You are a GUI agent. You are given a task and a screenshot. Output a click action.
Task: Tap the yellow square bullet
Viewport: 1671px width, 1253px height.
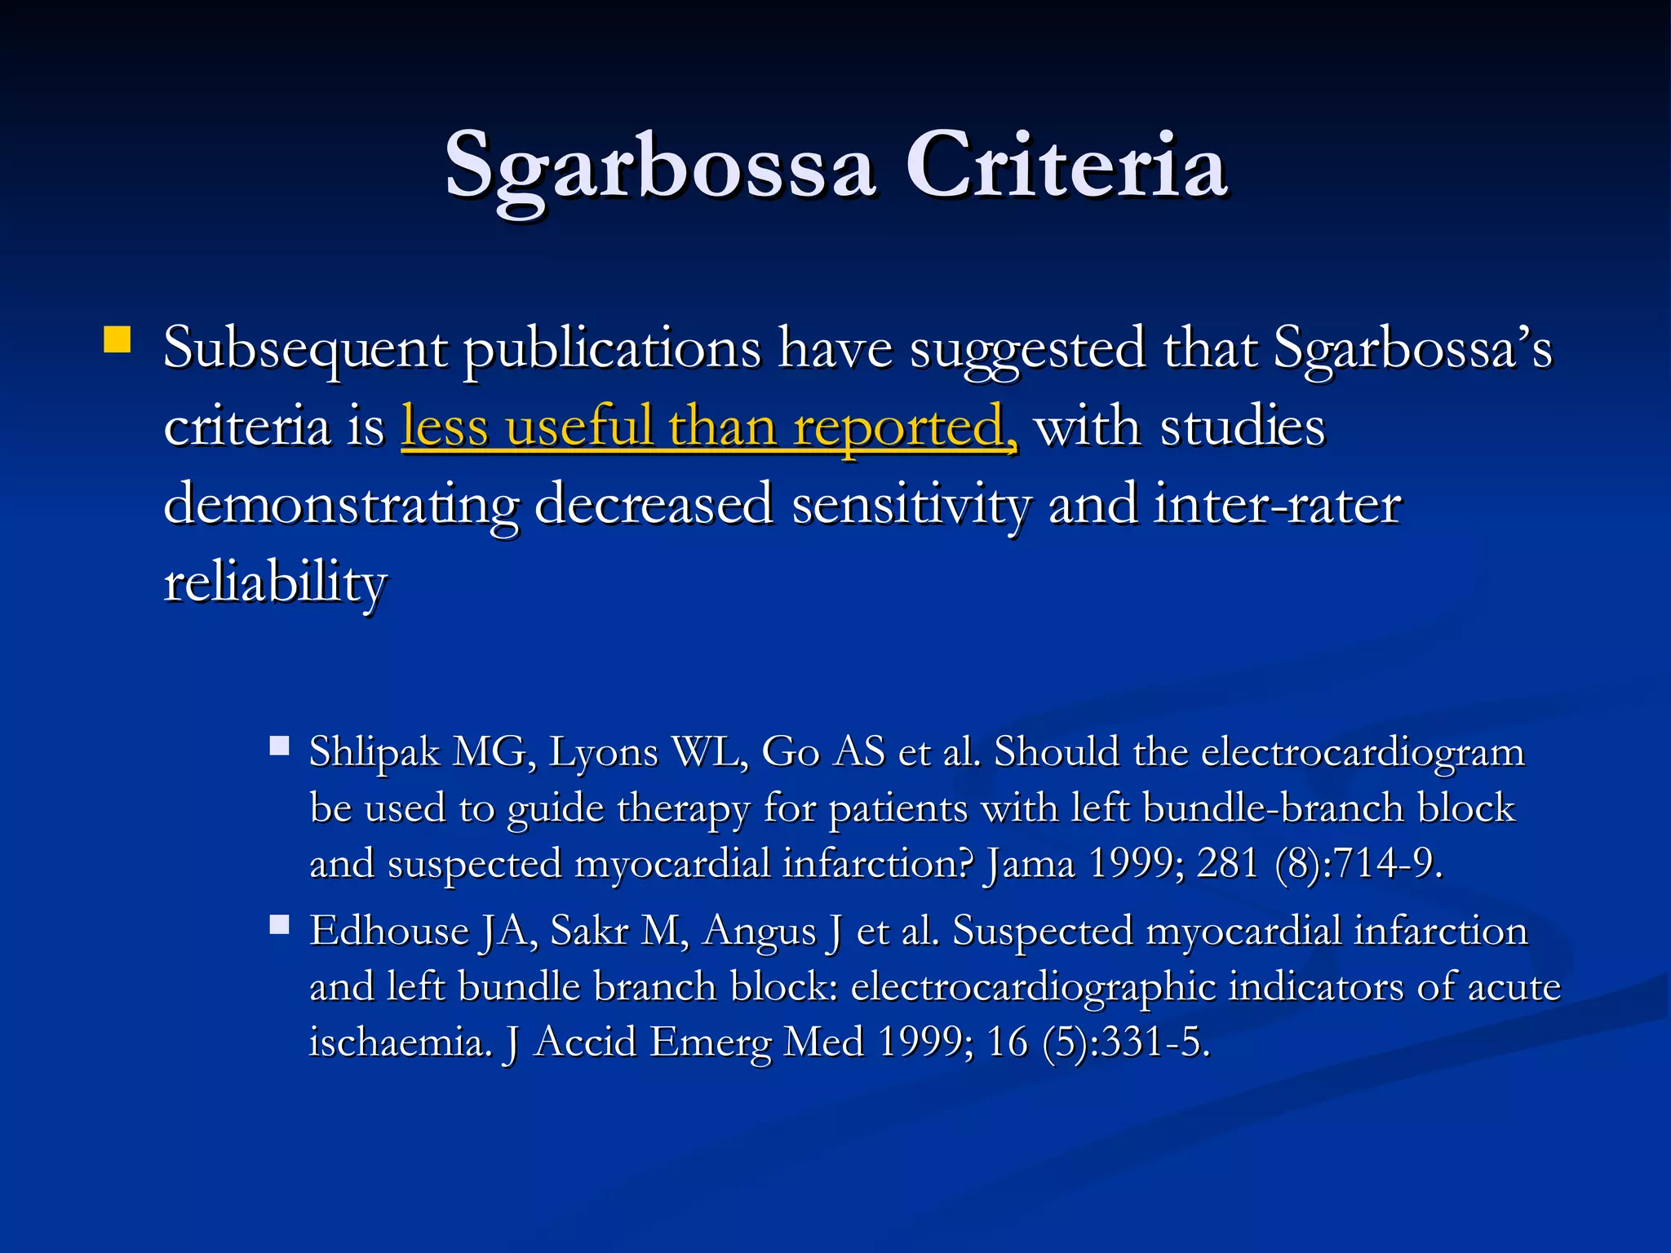pos(117,339)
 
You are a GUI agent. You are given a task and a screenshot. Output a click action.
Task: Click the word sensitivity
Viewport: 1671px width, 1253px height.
pos(911,505)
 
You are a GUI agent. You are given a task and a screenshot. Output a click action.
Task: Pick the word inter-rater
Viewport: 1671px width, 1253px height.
pos(1278,503)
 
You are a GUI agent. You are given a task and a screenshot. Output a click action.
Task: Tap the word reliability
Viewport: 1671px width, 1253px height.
pos(275,584)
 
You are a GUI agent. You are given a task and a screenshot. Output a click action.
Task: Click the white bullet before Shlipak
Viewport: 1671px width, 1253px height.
pos(280,746)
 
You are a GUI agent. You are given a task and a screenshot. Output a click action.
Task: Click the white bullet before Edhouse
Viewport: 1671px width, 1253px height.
pos(280,924)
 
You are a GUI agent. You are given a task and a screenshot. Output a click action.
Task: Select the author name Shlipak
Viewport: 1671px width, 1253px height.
pos(375,752)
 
